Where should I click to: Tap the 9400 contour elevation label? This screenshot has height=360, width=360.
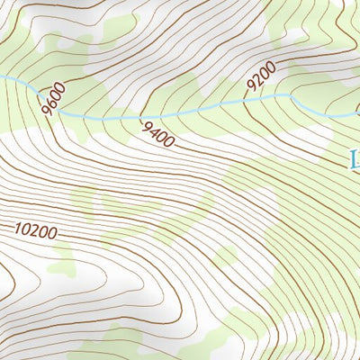pyautogui.click(x=157, y=133)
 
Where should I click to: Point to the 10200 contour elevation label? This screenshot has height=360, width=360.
pyautogui.click(x=36, y=231)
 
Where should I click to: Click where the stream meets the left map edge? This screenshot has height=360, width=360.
pyautogui.click(x=1, y=79)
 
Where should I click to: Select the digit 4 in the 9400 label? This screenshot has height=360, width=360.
pyautogui.click(x=154, y=131)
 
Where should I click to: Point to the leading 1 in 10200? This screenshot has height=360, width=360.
pyautogui.click(x=18, y=233)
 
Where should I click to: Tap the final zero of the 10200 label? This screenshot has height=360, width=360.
pyautogui.click(x=53, y=229)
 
